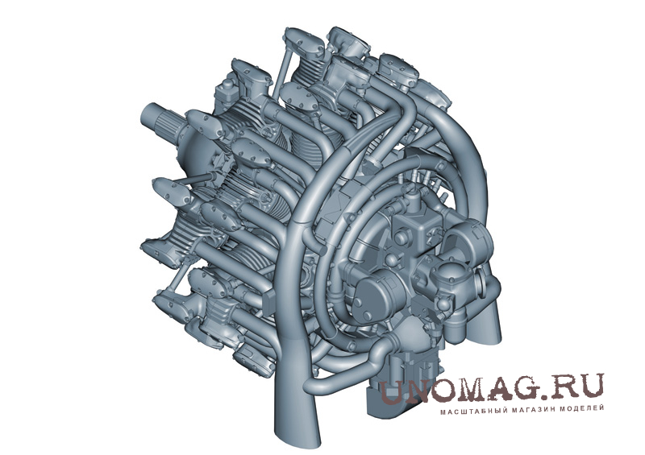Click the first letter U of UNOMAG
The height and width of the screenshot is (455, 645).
392,391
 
